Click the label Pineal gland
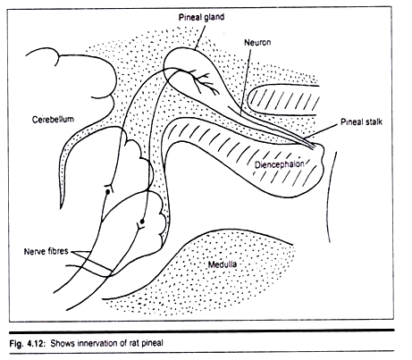pyautogui.click(x=201, y=18)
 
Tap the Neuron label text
pyautogui.click(x=257, y=42)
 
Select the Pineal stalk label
pyautogui.click(x=361, y=122)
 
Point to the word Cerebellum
pyautogui.click(x=53, y=120)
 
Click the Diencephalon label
pyautogui.click(x=280, y=164)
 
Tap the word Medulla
pyautogui.click(x=223, y=264)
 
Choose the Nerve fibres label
pyautogui.click(x=46, y=251)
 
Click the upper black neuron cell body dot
pyautogui.click(x=108, y=192)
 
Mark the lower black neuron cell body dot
pyautogui.click(x=142, y=222)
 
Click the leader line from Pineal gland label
pyautogui.click(x=200, y=37)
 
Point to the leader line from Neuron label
pyautogui.click(x=246, y=81)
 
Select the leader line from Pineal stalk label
pyautogui.click(x=323, y=131)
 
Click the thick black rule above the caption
pyautogui.click(x=202, y=331)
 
